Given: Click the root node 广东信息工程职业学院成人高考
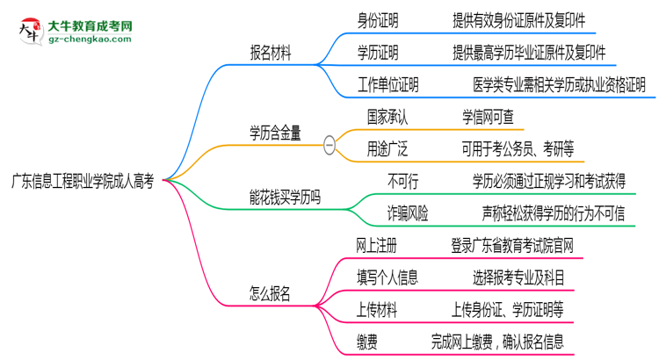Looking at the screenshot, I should click(x=83, y=181).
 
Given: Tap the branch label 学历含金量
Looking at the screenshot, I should click(x=276, y=133).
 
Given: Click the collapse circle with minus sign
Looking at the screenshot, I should click(x=329, y=144).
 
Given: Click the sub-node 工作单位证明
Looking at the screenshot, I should click(x=387, y=84).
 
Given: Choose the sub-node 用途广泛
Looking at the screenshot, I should click(x=388, y=149).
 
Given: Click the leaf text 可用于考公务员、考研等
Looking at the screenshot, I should click(x=518, y=149).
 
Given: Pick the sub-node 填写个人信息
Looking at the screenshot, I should click(x=387, y=277).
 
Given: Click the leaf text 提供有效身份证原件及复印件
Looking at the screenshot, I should click(x=518, y=19).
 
